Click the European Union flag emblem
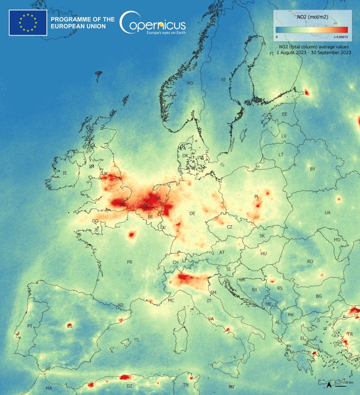28,22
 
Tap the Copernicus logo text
153,23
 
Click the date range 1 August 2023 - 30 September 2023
314,53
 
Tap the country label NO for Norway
190,83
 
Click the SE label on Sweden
223,80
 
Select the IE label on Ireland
64,173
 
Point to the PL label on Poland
257,196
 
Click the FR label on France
129,262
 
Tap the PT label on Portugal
30,326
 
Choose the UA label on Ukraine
327,213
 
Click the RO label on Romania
310,261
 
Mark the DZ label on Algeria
129,386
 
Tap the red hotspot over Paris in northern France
132,235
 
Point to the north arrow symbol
329,384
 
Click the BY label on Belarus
312,169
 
